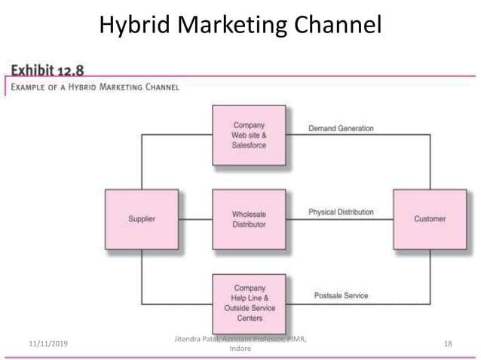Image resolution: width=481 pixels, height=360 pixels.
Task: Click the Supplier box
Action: [x=142, y=219]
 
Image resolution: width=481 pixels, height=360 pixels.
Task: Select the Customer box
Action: [x=430, y=219]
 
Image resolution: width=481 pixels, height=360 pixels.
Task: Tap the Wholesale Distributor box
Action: [x=249, y=219]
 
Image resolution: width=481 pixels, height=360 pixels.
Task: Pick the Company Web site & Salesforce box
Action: [x=249, y=135]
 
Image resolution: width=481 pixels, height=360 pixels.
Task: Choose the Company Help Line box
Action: [x=249, y=303]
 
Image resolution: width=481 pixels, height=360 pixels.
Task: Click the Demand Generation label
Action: [x=341, y=129]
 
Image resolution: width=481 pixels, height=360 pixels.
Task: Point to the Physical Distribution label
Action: [x=341, y=212]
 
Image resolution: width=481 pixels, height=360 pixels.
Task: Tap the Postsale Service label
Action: [x=341, y=296]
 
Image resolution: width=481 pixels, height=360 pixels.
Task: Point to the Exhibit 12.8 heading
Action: [x=47, y=71]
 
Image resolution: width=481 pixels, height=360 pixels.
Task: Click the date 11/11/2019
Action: [x=47, y=344]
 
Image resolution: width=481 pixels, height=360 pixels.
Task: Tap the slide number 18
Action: [x=448, y=344]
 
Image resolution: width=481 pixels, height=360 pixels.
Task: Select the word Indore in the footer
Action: [x=240, y=349]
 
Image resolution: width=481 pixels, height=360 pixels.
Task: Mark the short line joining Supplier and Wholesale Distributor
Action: [x=195, y=219]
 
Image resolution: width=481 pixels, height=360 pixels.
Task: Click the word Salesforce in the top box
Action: [x=249, y=145]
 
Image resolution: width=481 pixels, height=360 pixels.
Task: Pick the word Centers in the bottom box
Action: [x=249, y=319]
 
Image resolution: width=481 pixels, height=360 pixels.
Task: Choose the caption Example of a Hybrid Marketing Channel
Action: [x=94, y=87]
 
